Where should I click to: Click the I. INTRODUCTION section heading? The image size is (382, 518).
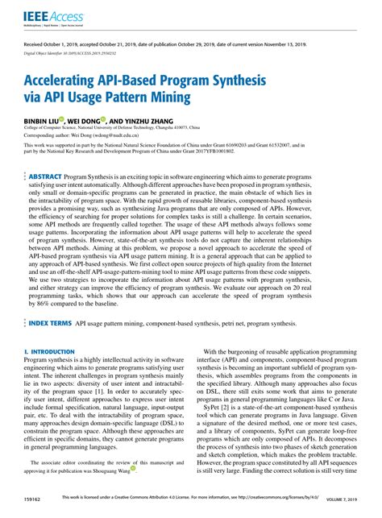[49, 375]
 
